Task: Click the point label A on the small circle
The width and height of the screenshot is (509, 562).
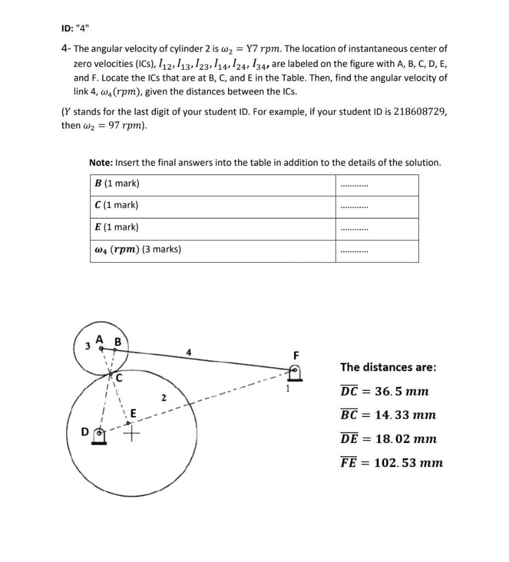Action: click(99, 339)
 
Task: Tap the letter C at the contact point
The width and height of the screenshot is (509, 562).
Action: click(119, 378)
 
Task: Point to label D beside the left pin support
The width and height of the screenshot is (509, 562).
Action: click(84, 431)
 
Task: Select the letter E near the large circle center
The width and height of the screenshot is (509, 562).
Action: click(133, 413)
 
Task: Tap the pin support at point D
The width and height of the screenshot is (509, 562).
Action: click(99, 436)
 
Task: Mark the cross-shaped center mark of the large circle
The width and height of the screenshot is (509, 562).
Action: click(131, 435)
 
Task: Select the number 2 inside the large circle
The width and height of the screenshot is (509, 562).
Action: click(163, 397)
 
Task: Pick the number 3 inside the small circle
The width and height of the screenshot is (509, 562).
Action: click(87, 346)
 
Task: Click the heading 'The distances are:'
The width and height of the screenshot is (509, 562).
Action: click(388, 367)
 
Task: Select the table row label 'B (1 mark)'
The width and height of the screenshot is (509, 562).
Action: click(117, 183)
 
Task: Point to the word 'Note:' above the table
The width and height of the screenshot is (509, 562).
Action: click(101, 162)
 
